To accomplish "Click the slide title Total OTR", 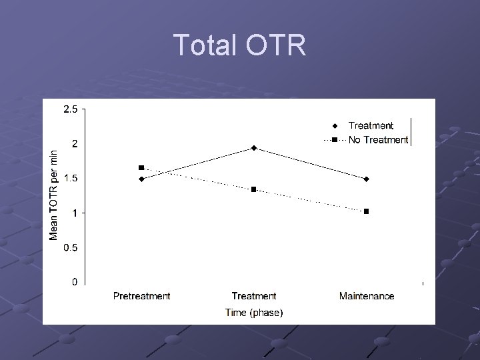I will pyautogui.click(x=239, y=46).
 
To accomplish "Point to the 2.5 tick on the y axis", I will pyautogui.click(x=69, y=109).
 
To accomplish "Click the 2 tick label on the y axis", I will pyautogui.click(x=74, y=143).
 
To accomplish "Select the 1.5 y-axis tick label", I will pyautogui.click(x=69, y=178).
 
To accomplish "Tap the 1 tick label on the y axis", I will pyautogui.click(x=74, y=213).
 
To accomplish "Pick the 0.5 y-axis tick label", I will pyautogui.click(x=69, y=247).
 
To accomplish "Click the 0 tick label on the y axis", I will pyautogui.click(x=74, y=282).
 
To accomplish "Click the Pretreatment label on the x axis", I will pyautogui.click(x=141, y=296).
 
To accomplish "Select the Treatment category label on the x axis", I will pyautogui.click(x=254, y=296).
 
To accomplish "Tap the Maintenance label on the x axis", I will pyautogui.click(x=366, y=296).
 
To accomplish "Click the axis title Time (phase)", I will pyautogui.click(x=254, y=312).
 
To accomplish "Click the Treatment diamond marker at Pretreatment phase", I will pyautogui.click(x=141, y=179).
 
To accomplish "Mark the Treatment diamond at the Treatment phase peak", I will pyautogui.click(x=254, y=148).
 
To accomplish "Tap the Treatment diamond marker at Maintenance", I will pyautogui.click(x=366, y=179).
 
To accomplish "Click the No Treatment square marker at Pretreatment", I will pyautogui.click(x=141, y=168).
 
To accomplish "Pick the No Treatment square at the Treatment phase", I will pyautogui.click(x=254, y=189).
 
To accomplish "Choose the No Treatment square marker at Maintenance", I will pyautogui.click(x=366, y=211).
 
